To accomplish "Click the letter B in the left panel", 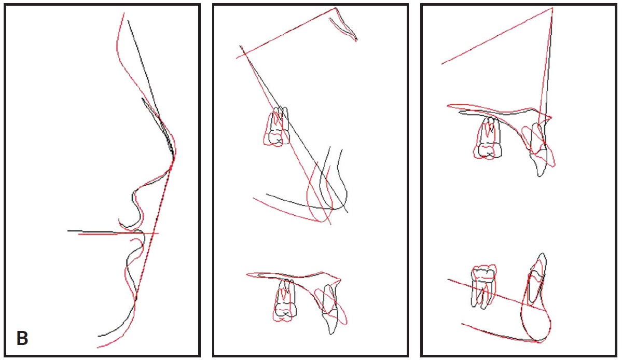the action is [22, 338].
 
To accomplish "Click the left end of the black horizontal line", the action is [68, 230].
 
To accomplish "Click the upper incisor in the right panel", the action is [540, 148].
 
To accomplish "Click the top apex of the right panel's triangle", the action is [552, 8].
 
